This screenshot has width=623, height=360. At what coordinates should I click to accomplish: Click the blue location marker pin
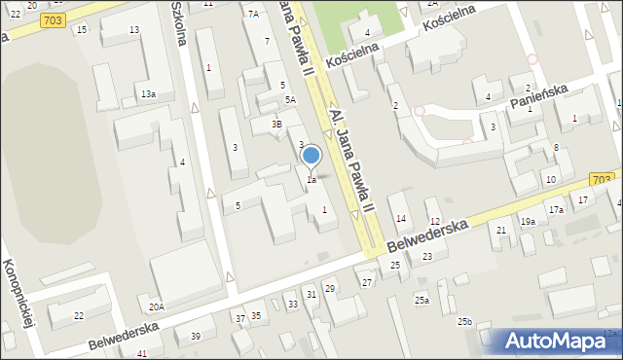coord(311,157)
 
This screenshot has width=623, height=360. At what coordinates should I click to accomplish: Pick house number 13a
coord(148,93)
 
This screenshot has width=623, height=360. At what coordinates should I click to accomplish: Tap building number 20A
coord(157,306)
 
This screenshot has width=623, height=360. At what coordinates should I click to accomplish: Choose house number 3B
coord(276,125)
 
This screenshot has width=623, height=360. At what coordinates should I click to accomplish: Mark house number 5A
coord(290,100)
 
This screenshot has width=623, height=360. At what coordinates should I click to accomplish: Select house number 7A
coord(254,14)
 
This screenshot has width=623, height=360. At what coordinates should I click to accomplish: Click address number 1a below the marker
coord(311,180)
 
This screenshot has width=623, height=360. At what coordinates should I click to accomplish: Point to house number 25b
coord(465,321)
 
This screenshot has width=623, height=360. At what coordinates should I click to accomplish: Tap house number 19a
coord(527,222)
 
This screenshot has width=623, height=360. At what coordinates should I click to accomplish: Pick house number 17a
coord(555,210)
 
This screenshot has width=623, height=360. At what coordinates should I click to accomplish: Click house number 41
coord(142,352)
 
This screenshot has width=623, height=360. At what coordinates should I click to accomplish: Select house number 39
coord(195,337)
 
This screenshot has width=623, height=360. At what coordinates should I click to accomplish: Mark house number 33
coord(292,305)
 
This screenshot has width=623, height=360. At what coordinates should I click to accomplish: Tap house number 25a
coord(421,300)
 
